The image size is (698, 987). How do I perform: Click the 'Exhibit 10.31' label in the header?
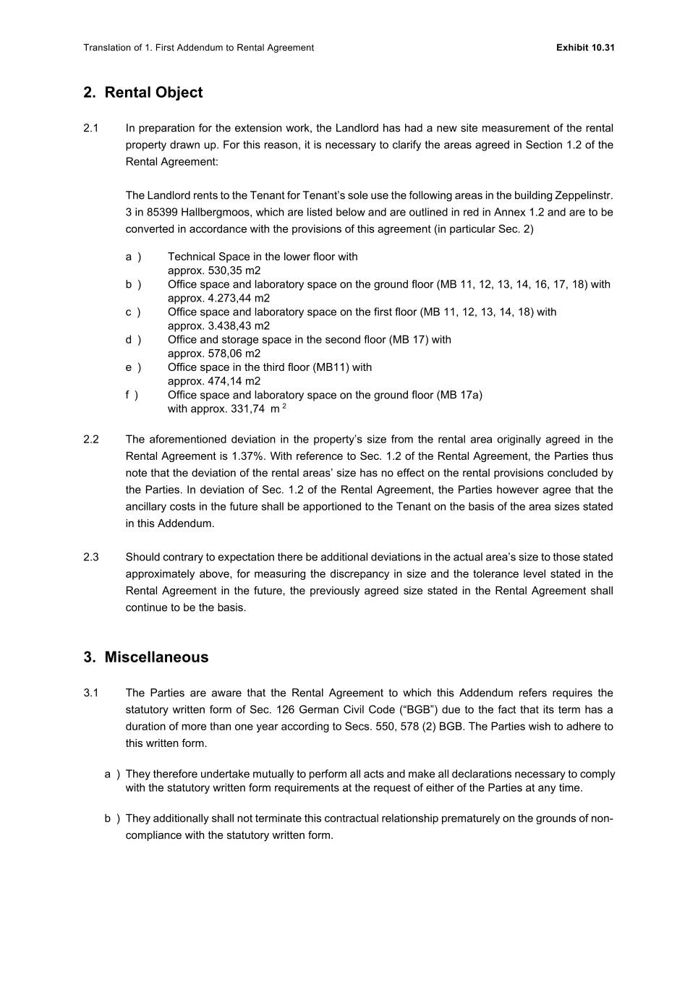[x=585, y=48]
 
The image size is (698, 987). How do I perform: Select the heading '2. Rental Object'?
[x=143, y=93]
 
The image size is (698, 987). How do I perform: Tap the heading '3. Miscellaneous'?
[x=146, y=657]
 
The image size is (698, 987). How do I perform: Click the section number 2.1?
[x=90, y=128]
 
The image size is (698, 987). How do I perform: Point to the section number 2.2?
[x=91, y=440]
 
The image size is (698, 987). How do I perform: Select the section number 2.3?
[x=91, y=557]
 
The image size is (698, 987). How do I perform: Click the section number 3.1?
[x=90, y=693]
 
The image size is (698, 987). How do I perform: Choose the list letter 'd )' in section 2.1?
[x=133, y=340]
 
